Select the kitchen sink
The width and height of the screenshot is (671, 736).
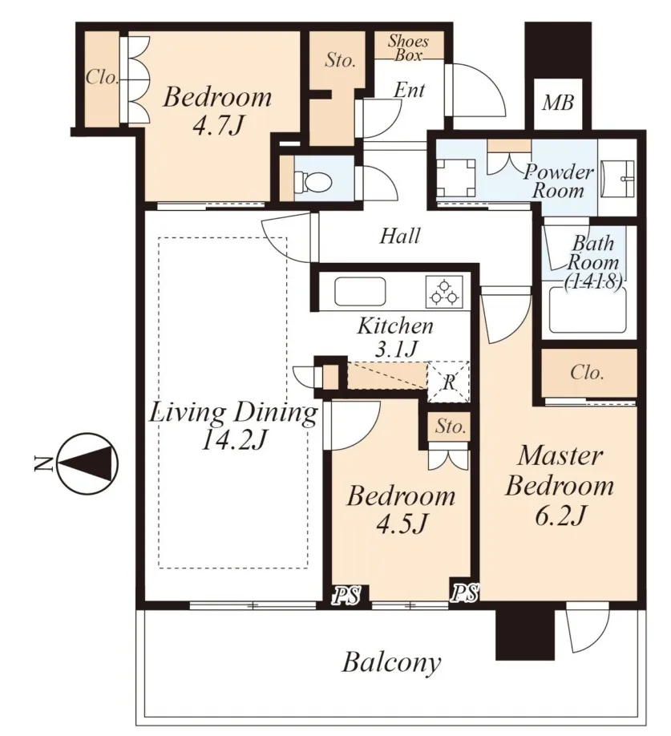360,292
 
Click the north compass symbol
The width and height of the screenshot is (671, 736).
87,463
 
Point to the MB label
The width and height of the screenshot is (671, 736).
558,103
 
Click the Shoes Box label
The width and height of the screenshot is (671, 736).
408,48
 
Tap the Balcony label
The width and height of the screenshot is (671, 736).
391,663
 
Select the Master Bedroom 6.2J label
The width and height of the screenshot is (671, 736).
560,487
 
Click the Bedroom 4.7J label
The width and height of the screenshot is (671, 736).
217,111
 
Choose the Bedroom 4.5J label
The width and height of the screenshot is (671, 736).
401,510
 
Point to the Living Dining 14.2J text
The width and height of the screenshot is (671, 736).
233,427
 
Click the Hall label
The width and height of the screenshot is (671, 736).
400,236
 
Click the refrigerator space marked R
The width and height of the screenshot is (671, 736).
448,382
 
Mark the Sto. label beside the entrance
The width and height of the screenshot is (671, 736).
340,60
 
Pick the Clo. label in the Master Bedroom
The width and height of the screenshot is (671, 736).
587,373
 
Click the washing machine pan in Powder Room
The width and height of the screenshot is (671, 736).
455,178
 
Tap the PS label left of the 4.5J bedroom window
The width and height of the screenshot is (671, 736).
347,595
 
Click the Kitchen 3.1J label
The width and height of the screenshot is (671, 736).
395,337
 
